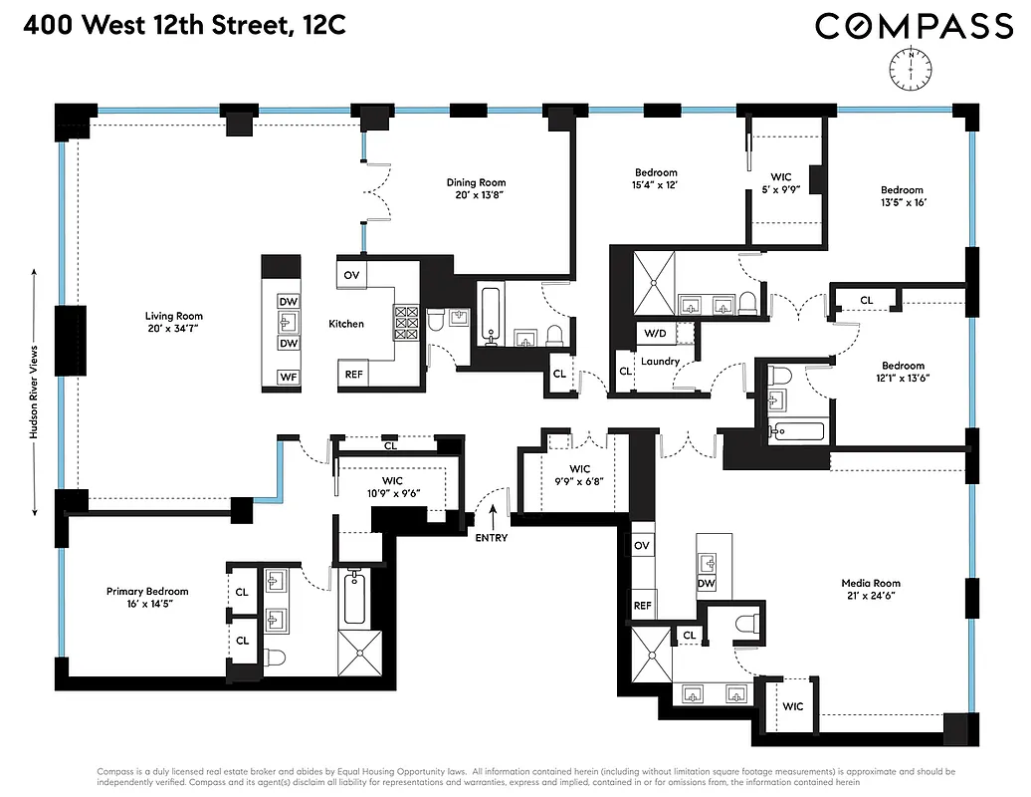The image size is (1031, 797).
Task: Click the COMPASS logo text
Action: [914, 26]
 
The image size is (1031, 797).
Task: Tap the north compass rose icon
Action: [913, 67]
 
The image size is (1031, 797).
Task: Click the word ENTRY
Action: [492, 538]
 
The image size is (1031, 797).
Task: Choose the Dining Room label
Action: [476, 188]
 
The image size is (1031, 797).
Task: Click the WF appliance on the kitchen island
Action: [288, 377]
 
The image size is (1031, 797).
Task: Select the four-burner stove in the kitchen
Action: [406, 323]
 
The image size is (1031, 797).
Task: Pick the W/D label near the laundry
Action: [655, 333]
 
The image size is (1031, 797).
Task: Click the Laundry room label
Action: [660, 361]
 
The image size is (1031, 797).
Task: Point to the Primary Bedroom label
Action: [147, 598]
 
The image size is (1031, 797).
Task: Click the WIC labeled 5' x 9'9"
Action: [781, 183]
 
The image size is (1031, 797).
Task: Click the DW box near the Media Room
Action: [707, 584]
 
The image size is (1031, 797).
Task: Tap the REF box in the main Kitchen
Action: [353, 375]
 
